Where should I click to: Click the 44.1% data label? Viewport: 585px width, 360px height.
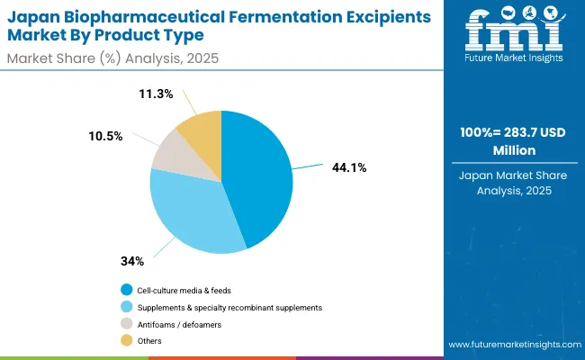click(x=349, y=167)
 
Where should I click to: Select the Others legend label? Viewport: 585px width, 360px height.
click(x=149, y=341)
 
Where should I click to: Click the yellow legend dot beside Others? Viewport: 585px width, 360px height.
click(x=127, y=341)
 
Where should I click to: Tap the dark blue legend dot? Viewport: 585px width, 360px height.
click(x=127, y=290)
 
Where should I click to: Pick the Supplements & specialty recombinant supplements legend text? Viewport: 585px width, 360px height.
click(x=229, y=307)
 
